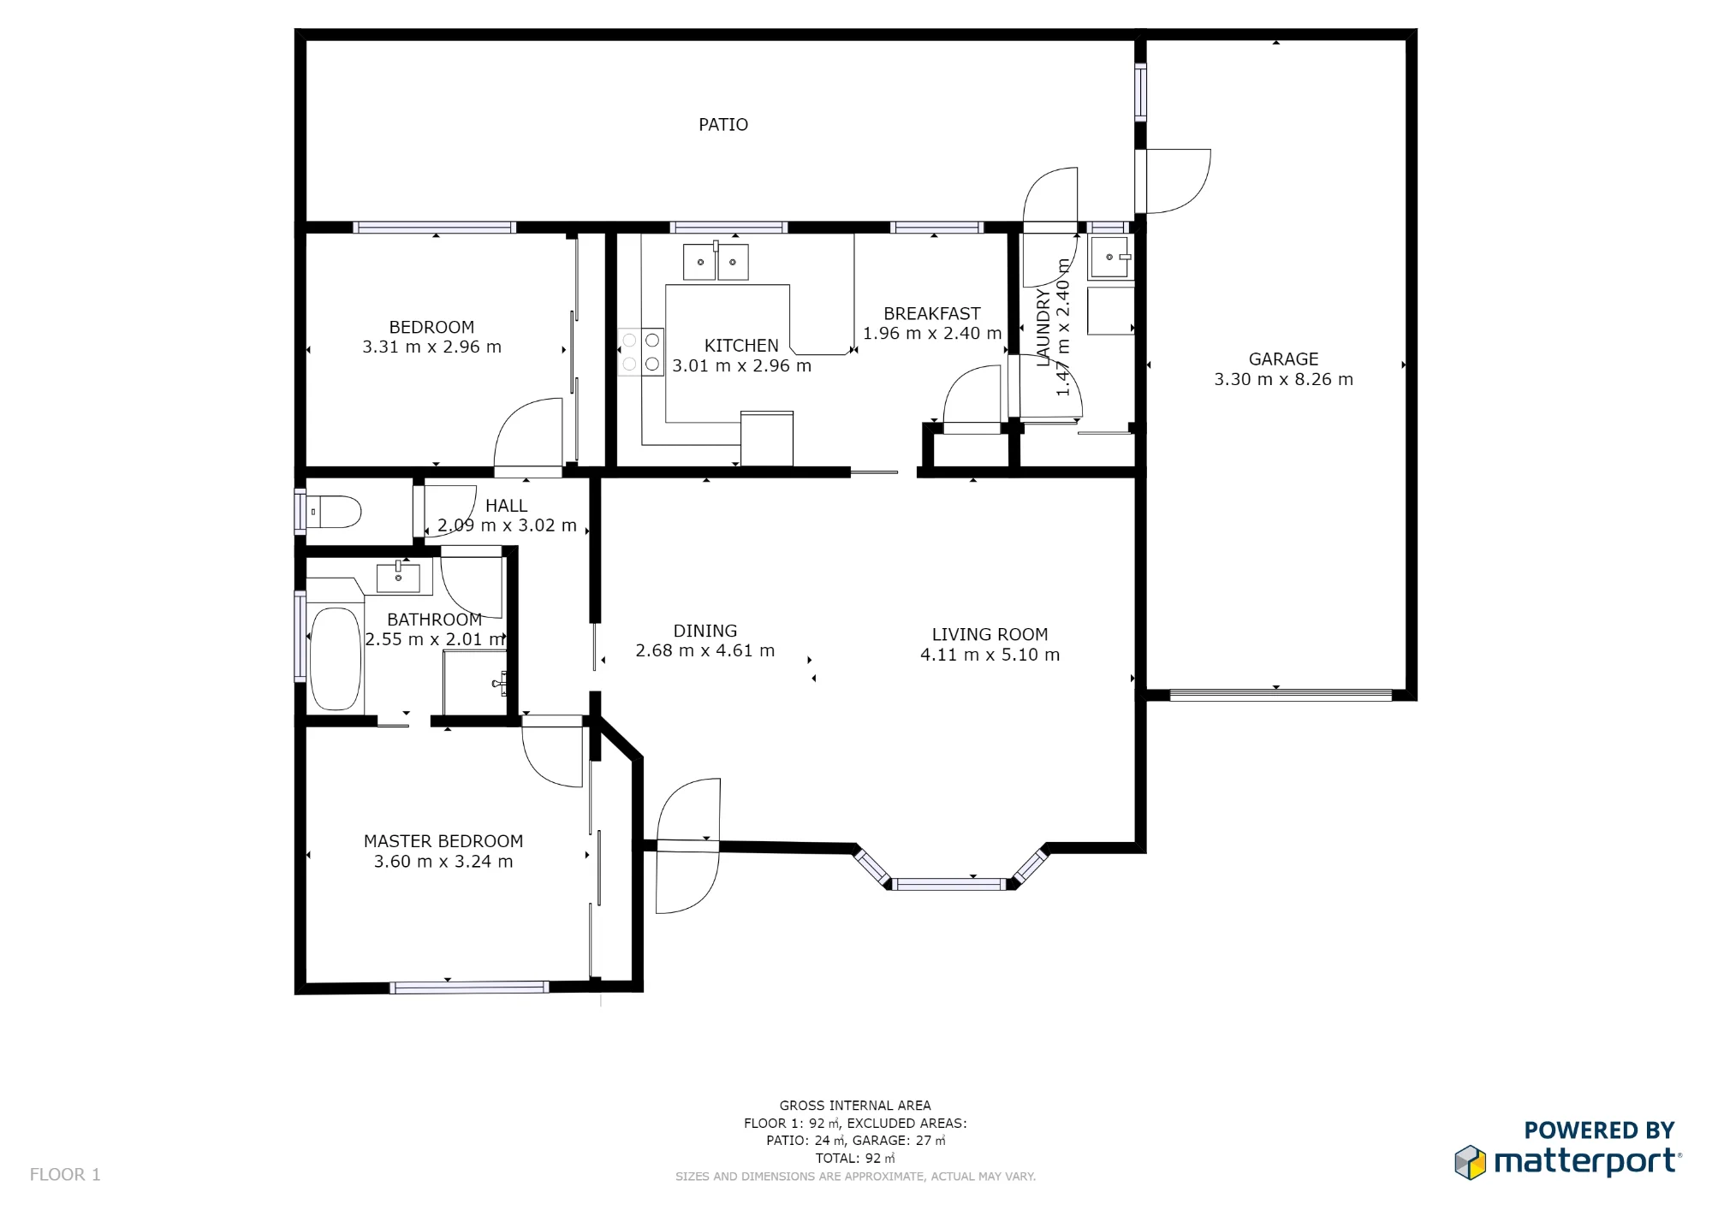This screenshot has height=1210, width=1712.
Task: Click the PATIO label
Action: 723,125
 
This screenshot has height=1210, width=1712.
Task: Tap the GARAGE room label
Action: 1283,359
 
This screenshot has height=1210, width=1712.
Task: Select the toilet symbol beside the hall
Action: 334,513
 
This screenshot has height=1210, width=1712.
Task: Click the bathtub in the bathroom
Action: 335,659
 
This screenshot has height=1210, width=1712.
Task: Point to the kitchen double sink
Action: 716,262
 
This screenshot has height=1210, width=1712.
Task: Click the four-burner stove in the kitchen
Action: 641,352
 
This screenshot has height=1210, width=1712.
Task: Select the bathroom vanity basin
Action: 398,578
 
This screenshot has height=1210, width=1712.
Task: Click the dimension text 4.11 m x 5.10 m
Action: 990,655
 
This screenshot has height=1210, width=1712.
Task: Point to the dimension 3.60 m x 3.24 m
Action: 443,862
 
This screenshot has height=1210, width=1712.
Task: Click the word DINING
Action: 704,632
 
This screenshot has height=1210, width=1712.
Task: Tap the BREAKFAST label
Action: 932,314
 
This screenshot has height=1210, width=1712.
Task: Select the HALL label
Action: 506,506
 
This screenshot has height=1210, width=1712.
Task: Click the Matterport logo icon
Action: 1470,1162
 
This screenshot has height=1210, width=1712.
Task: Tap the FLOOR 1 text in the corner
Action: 65,1175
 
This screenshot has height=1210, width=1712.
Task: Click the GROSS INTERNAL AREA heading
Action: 855,1106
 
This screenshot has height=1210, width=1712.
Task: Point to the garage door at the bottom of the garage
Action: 1281,696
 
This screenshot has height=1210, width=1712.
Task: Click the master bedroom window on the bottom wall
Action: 469,988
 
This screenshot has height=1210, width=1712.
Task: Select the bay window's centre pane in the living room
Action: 948,884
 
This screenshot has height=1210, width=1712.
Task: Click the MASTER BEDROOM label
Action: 443,842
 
